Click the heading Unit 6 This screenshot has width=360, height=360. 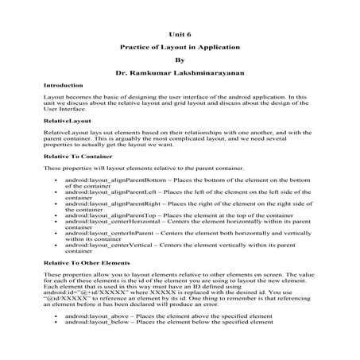click(180, 35)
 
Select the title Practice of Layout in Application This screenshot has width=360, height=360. click(180, 48)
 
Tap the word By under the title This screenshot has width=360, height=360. click(180, 60)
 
